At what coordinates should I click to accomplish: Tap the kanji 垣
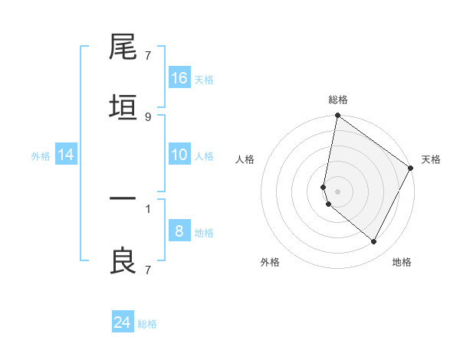click(x=123, y=108)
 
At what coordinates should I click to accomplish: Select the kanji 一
click(x=123, y=200)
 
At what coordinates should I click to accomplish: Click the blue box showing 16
click(x=179, y=77)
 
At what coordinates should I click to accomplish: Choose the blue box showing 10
click(x=179, y=155)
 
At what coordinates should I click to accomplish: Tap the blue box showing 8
click(x=179, y=231)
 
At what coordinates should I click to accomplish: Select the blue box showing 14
click(x=66, y=155)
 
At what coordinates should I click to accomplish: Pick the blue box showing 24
click(x=123, y=322)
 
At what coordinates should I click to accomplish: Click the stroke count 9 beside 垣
click(x=148, y=117)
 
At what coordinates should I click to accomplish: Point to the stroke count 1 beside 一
click(x=148, y=208)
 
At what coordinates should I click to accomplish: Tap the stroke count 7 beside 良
click(x=148, y=269)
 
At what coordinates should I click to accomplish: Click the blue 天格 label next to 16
click(x=204, y=79)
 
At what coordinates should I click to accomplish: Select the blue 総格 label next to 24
click(x=147, y=324)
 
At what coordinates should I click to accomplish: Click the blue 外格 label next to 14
click(x=41, y=156)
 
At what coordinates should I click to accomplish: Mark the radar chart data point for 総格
click(x=337, y=116)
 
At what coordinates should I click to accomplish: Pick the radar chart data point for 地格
click(x=374, y=242)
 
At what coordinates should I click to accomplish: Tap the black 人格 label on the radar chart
click(x=245, y=159)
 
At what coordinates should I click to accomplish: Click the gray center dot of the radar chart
click(x=337, y=191)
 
